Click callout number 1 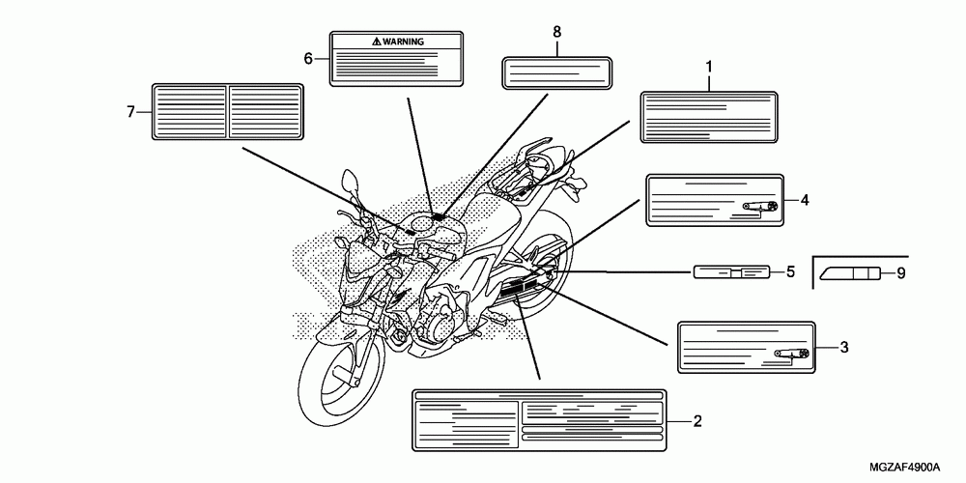[x=709, y=66]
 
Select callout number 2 [x=696, y=420]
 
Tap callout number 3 [x=843, y=346]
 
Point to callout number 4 [x=804, y=201]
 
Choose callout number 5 [x=789, y=272]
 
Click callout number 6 [x=308, y=58]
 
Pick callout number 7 [x=130, y=112]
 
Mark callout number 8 [x=557, y=32]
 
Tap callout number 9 [x=900, y=273]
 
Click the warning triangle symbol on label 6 [x=377, y=43]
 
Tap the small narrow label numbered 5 [x=732, y=272]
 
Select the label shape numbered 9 [x=849, y=273]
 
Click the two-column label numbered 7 [x=228, y=112]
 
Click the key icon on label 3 [x=792, y=354]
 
